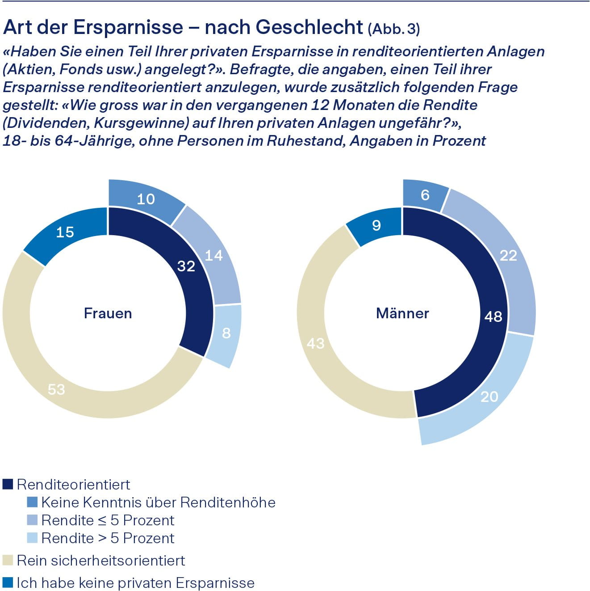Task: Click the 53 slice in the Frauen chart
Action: click(57, 389)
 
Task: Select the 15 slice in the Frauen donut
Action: click(65, 232)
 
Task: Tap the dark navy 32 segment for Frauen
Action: click(186, 266)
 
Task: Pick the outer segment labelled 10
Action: click(146, 199)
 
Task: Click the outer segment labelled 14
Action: click(213, 255)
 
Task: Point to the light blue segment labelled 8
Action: click(226, 333)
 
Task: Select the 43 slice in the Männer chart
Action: click(315, 343)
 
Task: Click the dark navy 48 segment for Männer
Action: click(493, 317)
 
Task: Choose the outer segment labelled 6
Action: click(425, 195)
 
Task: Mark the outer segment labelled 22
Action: click(508, 255)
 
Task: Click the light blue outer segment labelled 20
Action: click(489, 397)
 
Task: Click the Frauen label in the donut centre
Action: click(108, 313)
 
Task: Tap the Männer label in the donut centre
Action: click(402, 313)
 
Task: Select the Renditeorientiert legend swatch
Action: click(8, 484)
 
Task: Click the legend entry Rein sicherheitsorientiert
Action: click(100, 560)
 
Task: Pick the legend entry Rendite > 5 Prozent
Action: click(107, 538)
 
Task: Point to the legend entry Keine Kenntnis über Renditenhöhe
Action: click(158, 502)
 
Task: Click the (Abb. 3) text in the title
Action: click(393, 29)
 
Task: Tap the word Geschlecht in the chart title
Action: click(309, 28)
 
